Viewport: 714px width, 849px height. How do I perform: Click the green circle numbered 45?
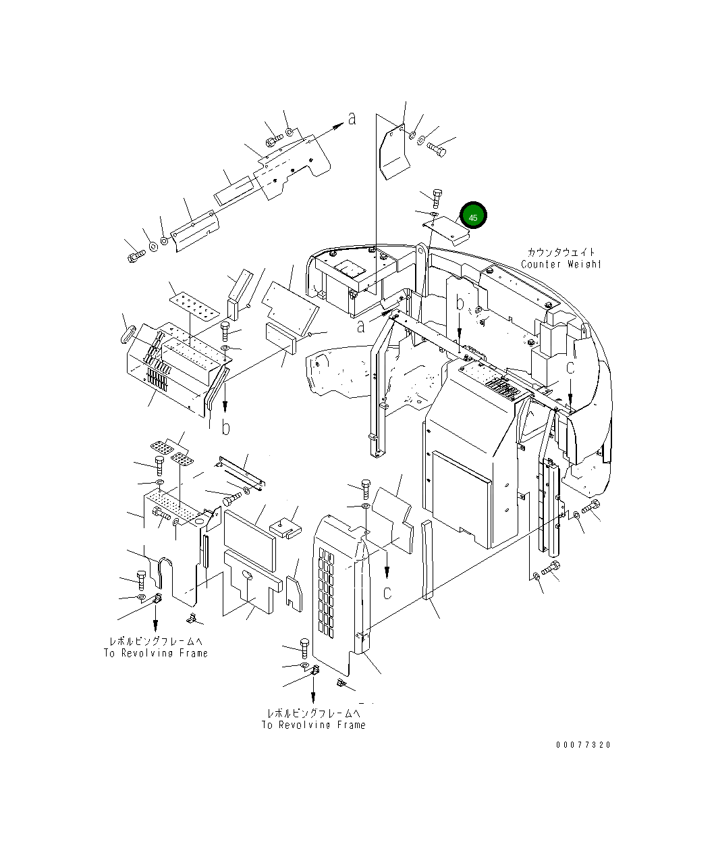point(473,217)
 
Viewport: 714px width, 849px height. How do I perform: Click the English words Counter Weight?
point(560,264)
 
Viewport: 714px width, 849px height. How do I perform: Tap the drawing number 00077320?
point(583,745)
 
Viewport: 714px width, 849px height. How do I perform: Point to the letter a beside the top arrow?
point(352,119)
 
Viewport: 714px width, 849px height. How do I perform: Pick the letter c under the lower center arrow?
point(387,593)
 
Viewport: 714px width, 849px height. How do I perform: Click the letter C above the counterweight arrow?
point(570,368)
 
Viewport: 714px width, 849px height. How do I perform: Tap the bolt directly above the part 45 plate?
point(436,199)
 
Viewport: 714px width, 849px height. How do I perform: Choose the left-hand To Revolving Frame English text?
point(155,653)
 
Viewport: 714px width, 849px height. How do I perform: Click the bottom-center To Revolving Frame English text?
point(314,725)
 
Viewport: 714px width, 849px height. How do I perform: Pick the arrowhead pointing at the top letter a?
point(337,126)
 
